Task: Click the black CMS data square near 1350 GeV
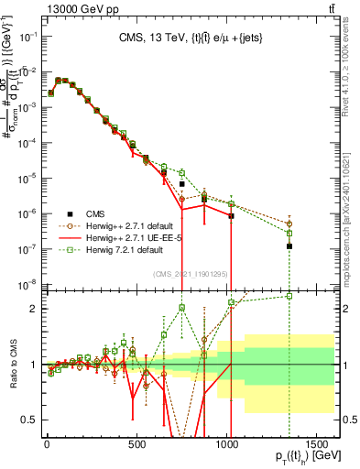click(x=289, y=246)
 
